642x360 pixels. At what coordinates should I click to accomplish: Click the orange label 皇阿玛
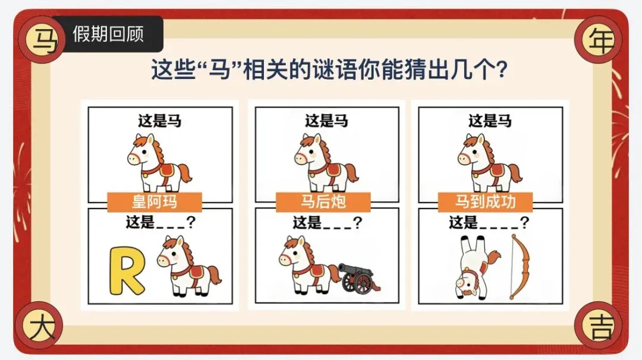pos(155,201)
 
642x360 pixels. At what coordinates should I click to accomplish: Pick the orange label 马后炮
pos(323,201)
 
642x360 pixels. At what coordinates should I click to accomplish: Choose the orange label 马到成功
pos(485,201)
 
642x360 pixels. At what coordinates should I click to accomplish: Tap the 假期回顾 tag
pos(108,34)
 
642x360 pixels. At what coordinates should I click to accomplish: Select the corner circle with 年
pos(599,40)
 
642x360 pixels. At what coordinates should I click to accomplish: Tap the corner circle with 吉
pos(599,326)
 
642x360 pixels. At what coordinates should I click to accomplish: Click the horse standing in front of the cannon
pos(310,265)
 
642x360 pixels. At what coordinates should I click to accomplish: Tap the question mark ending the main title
pos(501,70)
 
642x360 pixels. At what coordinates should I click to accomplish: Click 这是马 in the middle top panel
pos(326,121)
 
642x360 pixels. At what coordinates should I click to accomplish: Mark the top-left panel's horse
pos(159,163)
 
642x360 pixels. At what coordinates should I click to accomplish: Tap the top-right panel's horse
pos(490,163)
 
